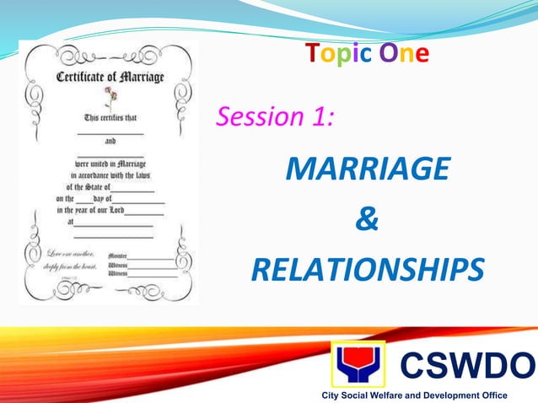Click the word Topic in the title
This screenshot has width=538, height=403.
(x=336, y=55)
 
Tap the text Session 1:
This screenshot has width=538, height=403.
(x=275, y=116)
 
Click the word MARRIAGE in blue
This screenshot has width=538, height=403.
(x=367, y=169)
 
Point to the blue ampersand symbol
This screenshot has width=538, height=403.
(x=367, y=220)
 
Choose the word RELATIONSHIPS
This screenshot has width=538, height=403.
(x=367, y=271)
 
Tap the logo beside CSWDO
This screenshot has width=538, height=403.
(x=358, y=364)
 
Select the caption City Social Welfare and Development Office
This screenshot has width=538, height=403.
(x=409, y=395)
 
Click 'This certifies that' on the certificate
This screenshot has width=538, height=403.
(x=110, y=120)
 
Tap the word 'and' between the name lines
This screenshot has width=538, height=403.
(x=110, y=143)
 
